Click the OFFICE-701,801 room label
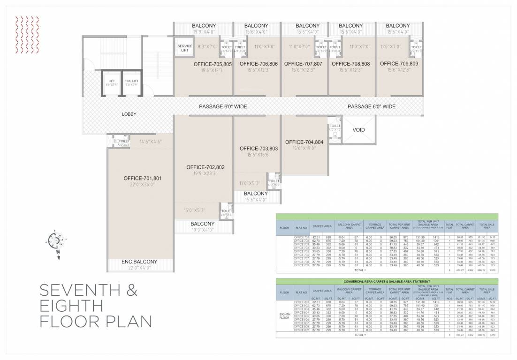(x=143, y=178)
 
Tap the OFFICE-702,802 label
(x=205, y=167)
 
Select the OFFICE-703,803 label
(x=258, y=148)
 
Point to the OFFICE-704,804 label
(x=304, y=142)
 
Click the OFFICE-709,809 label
(x=399, y=63)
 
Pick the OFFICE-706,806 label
(x=258, y=63)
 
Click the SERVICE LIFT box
(x=185, y=48)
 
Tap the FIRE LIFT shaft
(x=131, y=83)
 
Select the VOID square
(x=358, y=130)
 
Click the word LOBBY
(x=129, y=114)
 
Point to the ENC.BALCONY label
(x=140, y=262)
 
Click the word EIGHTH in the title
(x=71, y=306)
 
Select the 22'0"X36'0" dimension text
(x=143, y=185)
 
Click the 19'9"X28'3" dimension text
(x=205, y=173)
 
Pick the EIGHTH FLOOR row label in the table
(x=284, y=316)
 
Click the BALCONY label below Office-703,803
(x=256, y=194)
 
